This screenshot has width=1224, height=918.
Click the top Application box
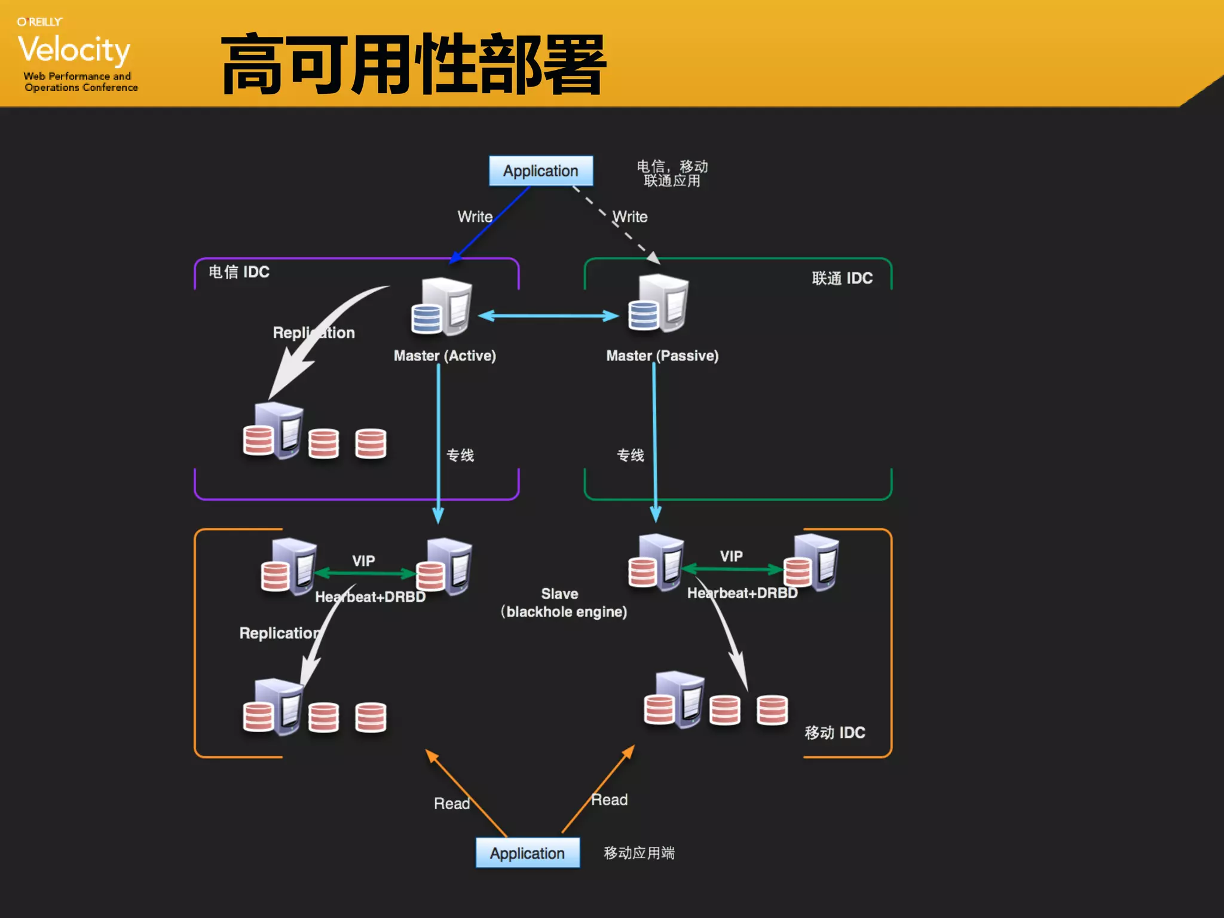click(x=540, y=171)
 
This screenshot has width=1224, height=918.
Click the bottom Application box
click(x=527, y=853)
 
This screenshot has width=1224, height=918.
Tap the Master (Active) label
click(x=445, y=356)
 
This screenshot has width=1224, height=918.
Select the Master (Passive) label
click(x=662, y=356)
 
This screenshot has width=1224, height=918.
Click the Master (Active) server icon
click(x=442, y=306)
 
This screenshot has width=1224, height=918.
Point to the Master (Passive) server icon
click(x=659, y=303)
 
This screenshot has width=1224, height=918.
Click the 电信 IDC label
click(x=239, y=272)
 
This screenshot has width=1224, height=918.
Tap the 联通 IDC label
click(x=842, y=278)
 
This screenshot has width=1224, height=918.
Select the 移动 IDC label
click(x=834, y=733)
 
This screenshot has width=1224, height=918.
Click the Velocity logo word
click(x=74, y=49)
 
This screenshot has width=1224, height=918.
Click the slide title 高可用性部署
click(x=414, y=65)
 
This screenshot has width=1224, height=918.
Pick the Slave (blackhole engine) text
click(x=563, y=603)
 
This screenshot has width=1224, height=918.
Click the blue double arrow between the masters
click(x=548, y=316)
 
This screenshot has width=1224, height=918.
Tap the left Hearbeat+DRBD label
click(x=370, y=596)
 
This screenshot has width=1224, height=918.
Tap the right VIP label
click(x=731, y=556)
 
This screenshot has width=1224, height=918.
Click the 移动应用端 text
click(x=639, y=853)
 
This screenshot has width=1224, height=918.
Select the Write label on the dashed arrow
click(x=630, y=216)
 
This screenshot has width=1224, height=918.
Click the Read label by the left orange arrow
click(x=451, y=803)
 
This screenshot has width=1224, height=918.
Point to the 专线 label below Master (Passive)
click(x=630, y=455)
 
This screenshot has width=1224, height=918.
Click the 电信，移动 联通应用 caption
click(x=672, y=173)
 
